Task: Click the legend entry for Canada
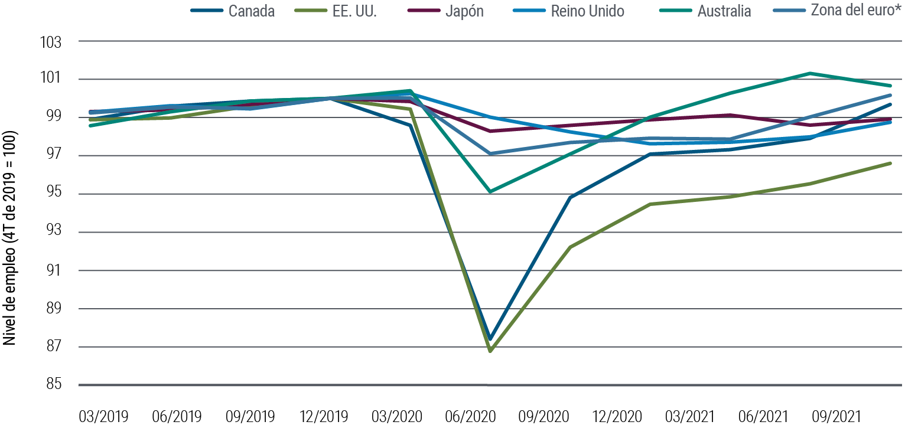point(251,11)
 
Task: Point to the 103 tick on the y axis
point(52,42)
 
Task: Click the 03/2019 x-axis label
point(103,417)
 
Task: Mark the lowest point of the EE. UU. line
point(490,351)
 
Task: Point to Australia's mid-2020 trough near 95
point(490,191)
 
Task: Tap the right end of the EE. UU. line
point(890,163)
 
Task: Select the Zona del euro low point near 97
point(490,153)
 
